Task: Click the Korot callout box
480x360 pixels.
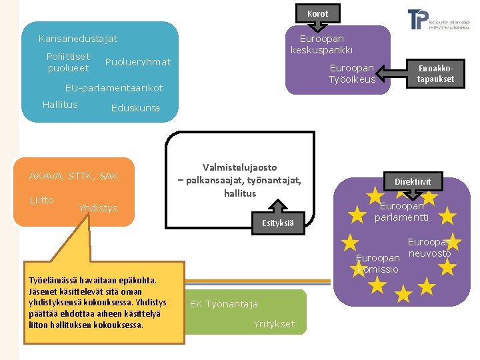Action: coord(318,13)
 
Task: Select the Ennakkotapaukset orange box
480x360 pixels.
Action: coord(435,74)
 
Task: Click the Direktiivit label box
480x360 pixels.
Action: coord(413,181)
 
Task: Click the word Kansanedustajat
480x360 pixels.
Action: coord(78,39)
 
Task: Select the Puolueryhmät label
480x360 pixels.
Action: coord(138,62)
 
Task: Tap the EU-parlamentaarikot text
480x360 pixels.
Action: coord(113,88)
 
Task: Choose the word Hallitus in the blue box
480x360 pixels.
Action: coord(60,105)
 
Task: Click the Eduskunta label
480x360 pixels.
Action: coord(135,108)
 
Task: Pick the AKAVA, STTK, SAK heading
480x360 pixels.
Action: coord(74,176)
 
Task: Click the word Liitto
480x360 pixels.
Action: coord(41,200)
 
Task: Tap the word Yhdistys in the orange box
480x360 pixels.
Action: coord(97,208)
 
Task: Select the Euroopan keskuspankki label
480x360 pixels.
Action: coord(321,45)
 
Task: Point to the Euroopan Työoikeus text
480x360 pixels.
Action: coord(351,74)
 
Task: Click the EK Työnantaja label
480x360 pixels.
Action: coord(224,304)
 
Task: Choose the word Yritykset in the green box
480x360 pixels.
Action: coord(273,324)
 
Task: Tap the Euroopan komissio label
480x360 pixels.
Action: coord(377,263)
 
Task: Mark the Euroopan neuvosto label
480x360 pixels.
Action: coord(429,248)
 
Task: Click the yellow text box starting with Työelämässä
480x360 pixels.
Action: coord(96,303)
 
